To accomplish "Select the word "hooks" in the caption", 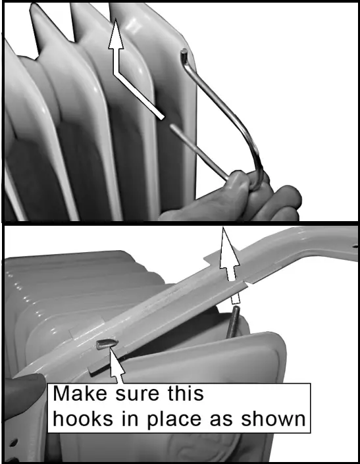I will (x=82, y=419).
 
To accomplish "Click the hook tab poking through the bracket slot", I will (x=105, y=343).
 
